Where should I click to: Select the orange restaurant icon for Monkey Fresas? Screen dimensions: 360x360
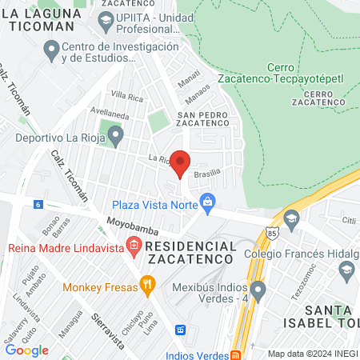pyautogui.click(x=146, y=284)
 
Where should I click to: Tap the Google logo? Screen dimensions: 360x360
pyautogui.click(x=26, y=350)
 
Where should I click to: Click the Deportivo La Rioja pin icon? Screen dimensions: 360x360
pyautogui.click(x=115, y=138)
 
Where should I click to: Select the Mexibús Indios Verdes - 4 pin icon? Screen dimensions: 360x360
pyautogui.click(x=258, y=289)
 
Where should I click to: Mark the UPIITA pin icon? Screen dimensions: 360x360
pyautogui.click(x=104, y=18)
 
